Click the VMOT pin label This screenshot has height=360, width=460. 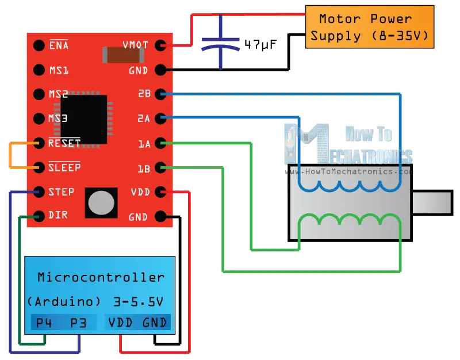tap(136, 45)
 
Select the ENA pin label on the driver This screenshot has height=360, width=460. tap(59, 45)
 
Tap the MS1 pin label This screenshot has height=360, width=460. tap(59, 70)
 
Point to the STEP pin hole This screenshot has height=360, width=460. tap(39, 192)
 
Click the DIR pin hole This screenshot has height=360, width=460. tap(39, 216)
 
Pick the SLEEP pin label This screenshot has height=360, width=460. tap(64, 167)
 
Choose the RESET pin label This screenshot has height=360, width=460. tap(64, 143)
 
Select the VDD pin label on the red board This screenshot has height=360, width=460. tap(140, 192)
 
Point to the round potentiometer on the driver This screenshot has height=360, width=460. tap(102, 202)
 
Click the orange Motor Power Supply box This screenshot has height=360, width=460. tap(369, 27)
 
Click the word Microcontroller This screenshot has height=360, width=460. tap(101, 277)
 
